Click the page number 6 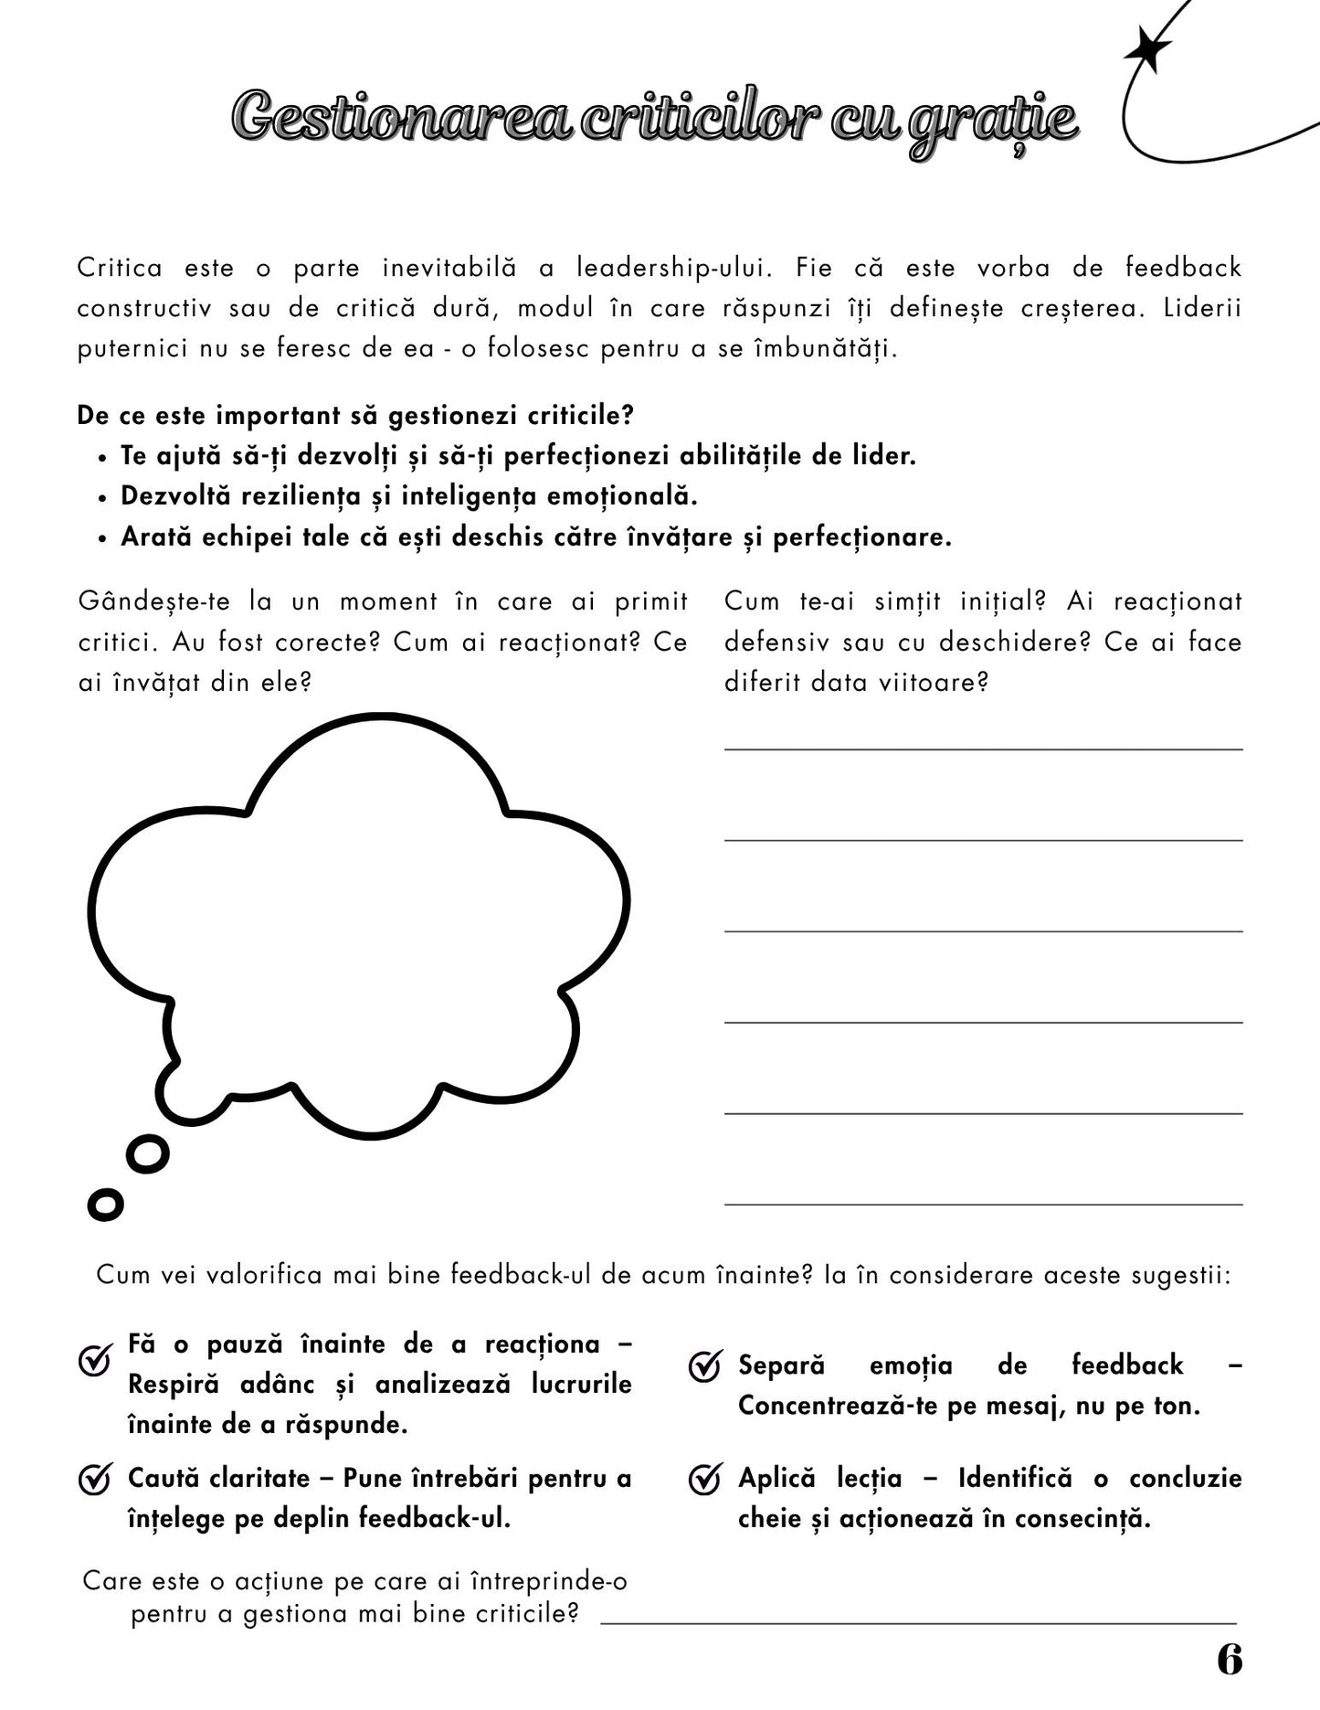point(1230,1659)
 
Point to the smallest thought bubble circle point(105,1205)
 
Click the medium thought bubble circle point(147,1154)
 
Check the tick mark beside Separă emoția point(704,1368)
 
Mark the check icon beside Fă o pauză point(95,1361)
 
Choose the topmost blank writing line point(983,749)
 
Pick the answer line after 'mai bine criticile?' point(917,1623)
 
